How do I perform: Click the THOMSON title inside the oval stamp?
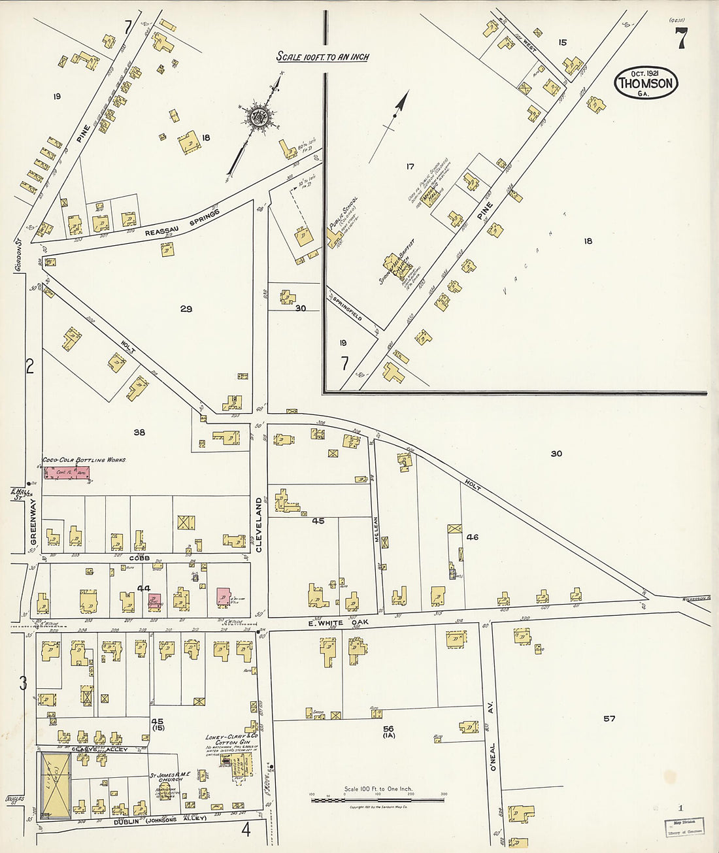pos(646,83)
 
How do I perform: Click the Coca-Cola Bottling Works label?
pos(84,460)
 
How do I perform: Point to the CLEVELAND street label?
pos(259,524)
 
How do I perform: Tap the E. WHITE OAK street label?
pos(335,623)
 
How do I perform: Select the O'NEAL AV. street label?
pos(493,735)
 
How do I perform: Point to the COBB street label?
pos(139,558)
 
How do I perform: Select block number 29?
pos(186,309)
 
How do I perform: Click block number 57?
pos(609,718)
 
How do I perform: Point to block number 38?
pos(139,432)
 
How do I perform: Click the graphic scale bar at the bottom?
pos(378,799)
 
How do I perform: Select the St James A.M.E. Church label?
pos(169,777)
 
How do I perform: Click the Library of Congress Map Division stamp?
pos(684,827)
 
